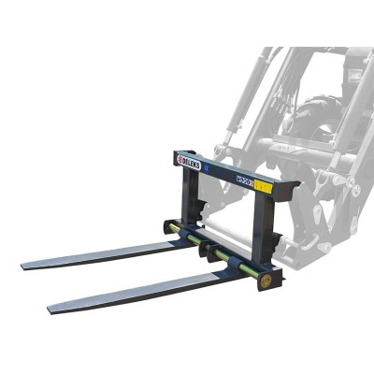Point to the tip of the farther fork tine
coord(26,265)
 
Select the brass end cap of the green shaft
coord(267,278)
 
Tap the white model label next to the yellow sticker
coord(245,180)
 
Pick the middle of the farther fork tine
coord(103,254)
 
